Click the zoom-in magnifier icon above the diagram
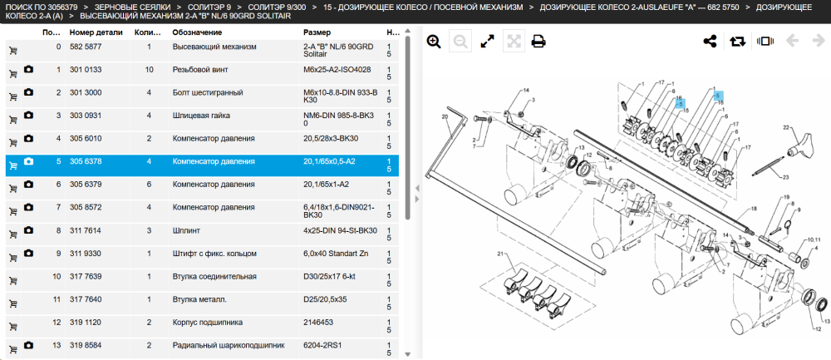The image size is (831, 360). click(434, 42)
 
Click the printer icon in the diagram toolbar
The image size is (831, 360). click(538, 42)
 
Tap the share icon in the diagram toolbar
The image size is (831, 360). click(710, 42)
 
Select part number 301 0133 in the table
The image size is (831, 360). click(86, 70)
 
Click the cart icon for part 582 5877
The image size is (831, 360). click(13, 51)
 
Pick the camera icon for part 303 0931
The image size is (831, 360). click(28, 115)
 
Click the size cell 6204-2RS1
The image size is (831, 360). click(322, 345)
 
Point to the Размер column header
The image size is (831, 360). click(317, 32)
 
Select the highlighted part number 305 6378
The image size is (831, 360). click(86, 161)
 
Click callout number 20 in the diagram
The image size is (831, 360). click(445, 116)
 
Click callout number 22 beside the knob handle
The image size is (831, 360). click(786, 127)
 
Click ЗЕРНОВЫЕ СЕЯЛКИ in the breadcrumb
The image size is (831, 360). click(132, 7)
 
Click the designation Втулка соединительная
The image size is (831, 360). click(214, 276)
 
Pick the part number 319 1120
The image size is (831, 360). click(86, 323)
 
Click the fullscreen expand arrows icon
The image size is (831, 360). click(487, 42)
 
